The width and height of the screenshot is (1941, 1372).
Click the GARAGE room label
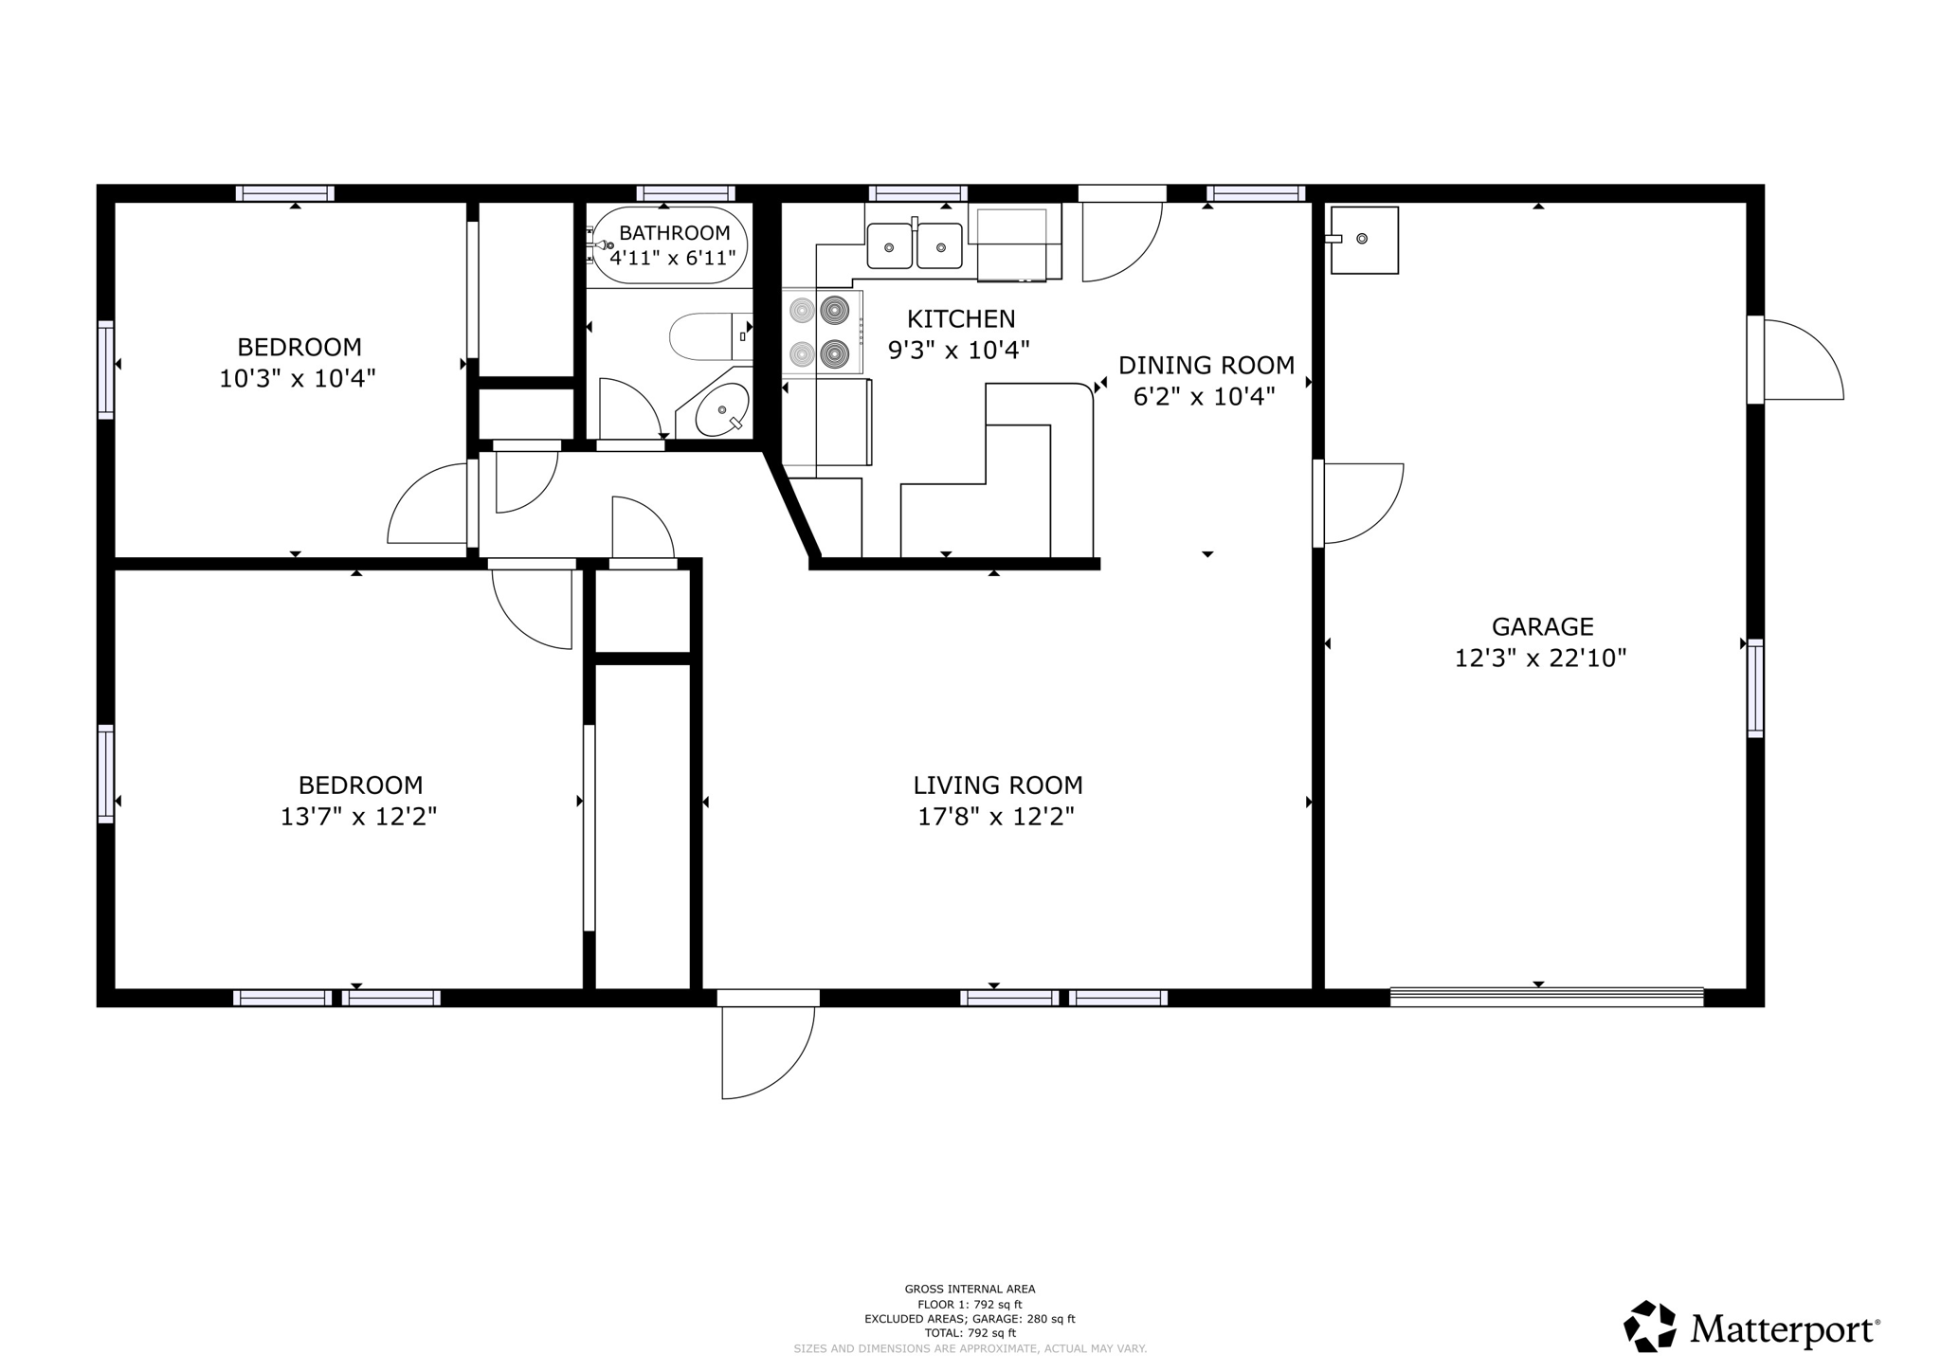tap(1542, 626)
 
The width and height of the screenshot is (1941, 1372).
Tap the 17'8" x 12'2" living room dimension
tap(996, 817)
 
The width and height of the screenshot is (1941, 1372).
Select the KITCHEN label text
tap(960, 319)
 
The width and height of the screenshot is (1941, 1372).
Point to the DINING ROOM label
tap(1206, 365)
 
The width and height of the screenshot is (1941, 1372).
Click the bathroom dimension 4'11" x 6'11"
tap(672, 258)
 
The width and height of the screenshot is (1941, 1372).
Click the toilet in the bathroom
tap(706, 336)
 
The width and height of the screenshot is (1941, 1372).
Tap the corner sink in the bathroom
tap(722, 410)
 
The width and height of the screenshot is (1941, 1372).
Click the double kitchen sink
tap(915, 246)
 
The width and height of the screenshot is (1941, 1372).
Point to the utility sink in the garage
tap(1364, 240)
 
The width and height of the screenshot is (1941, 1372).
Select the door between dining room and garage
tap(1360, 502)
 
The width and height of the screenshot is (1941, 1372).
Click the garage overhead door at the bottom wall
tap(1546, 997)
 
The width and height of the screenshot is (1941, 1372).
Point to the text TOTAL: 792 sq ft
tap(970, 1333)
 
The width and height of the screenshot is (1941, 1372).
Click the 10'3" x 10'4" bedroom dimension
tap(298, 379)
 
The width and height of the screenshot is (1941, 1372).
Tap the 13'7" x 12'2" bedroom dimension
tap(358, 817)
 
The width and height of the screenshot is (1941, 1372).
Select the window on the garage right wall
tap(1755, 688)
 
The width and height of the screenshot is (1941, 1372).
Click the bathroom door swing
tap(627, 407)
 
